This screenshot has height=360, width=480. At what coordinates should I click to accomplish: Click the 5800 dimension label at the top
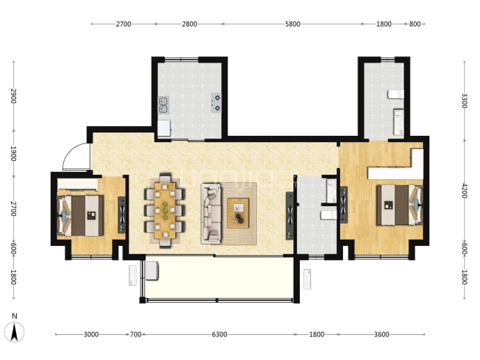(x=293, y=24)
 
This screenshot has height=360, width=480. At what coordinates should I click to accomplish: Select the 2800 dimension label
(x=189, y=24)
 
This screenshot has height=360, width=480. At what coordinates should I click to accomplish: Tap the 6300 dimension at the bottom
(x=220, y=334)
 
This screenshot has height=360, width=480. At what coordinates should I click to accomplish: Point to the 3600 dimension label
(x=381, y=334)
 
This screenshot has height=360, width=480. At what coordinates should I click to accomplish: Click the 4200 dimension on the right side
(x=465, y=191)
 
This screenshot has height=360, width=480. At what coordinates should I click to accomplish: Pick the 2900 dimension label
(x=13, y=96)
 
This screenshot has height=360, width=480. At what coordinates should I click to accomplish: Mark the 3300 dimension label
(x=465, y=101)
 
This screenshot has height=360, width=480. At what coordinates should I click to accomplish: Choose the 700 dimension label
(x=136, y=334)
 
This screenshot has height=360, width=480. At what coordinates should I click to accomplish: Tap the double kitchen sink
(x=163, y=105)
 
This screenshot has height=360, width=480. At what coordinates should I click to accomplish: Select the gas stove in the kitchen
(x=216, y=103)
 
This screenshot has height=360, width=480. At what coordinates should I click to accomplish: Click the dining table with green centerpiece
(x=165, y=210)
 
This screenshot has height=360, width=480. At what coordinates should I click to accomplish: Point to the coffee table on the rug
(x=238, y=213)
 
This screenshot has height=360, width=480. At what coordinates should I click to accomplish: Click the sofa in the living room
(x=211, y=214)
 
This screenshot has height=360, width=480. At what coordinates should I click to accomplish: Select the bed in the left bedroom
(x=81, y=215)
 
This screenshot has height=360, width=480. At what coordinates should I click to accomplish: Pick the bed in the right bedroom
(x=399, y=205)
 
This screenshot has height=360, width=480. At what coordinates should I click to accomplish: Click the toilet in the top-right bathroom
(x=396, y=94)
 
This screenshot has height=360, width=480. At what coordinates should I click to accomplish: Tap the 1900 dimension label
(x=13, y=153)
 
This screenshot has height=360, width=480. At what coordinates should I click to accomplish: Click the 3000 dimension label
(x=91, y=334)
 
